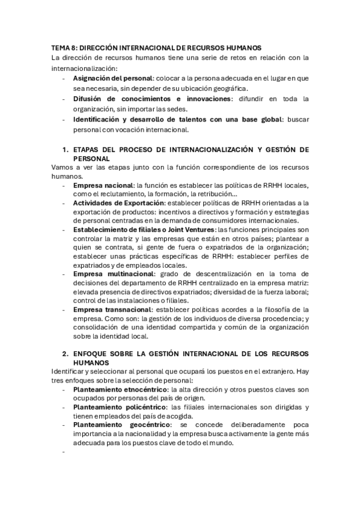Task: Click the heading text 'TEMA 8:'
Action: (63, 47)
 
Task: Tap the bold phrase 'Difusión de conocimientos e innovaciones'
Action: (153, 99)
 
